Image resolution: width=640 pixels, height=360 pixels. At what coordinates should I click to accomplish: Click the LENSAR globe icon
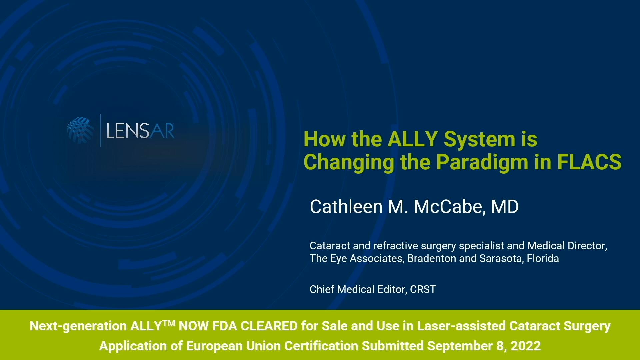coord(80,130)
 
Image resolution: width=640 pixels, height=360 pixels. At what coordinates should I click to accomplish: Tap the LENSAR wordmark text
coord(140,131)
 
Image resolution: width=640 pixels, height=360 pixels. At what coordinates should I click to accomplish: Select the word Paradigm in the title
coord(482,162)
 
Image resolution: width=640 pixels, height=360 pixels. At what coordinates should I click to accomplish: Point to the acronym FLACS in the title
coord(589,162)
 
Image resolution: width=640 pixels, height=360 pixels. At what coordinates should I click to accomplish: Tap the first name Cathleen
coord(346,207)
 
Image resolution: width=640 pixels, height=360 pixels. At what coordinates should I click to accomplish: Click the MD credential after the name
coord(505,207)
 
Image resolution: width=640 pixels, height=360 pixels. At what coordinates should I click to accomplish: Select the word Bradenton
coord(432,258)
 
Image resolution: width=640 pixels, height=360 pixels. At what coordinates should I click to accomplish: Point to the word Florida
coord(543,258)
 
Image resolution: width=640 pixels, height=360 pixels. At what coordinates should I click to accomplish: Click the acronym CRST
coord(423,289)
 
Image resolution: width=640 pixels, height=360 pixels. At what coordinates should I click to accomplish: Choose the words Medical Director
coord(567,246)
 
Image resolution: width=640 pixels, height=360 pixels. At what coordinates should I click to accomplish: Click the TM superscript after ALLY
coord(169,323)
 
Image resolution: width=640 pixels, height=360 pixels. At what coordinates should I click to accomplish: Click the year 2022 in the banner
coord(526,346)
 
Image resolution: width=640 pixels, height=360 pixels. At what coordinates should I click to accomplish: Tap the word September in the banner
coord(459,346)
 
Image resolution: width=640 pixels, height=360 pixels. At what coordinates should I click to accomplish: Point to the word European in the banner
coord(214,346)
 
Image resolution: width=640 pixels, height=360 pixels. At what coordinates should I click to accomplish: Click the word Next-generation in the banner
coord(78,326)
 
